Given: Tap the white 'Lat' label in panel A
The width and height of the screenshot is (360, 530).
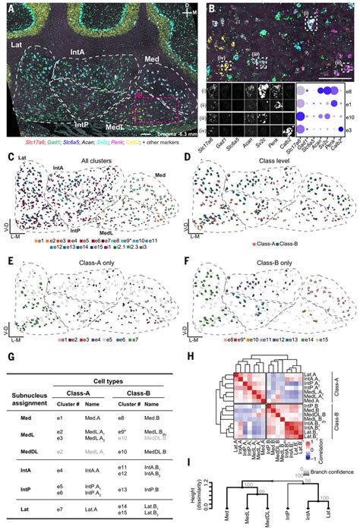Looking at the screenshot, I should (16, 47).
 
